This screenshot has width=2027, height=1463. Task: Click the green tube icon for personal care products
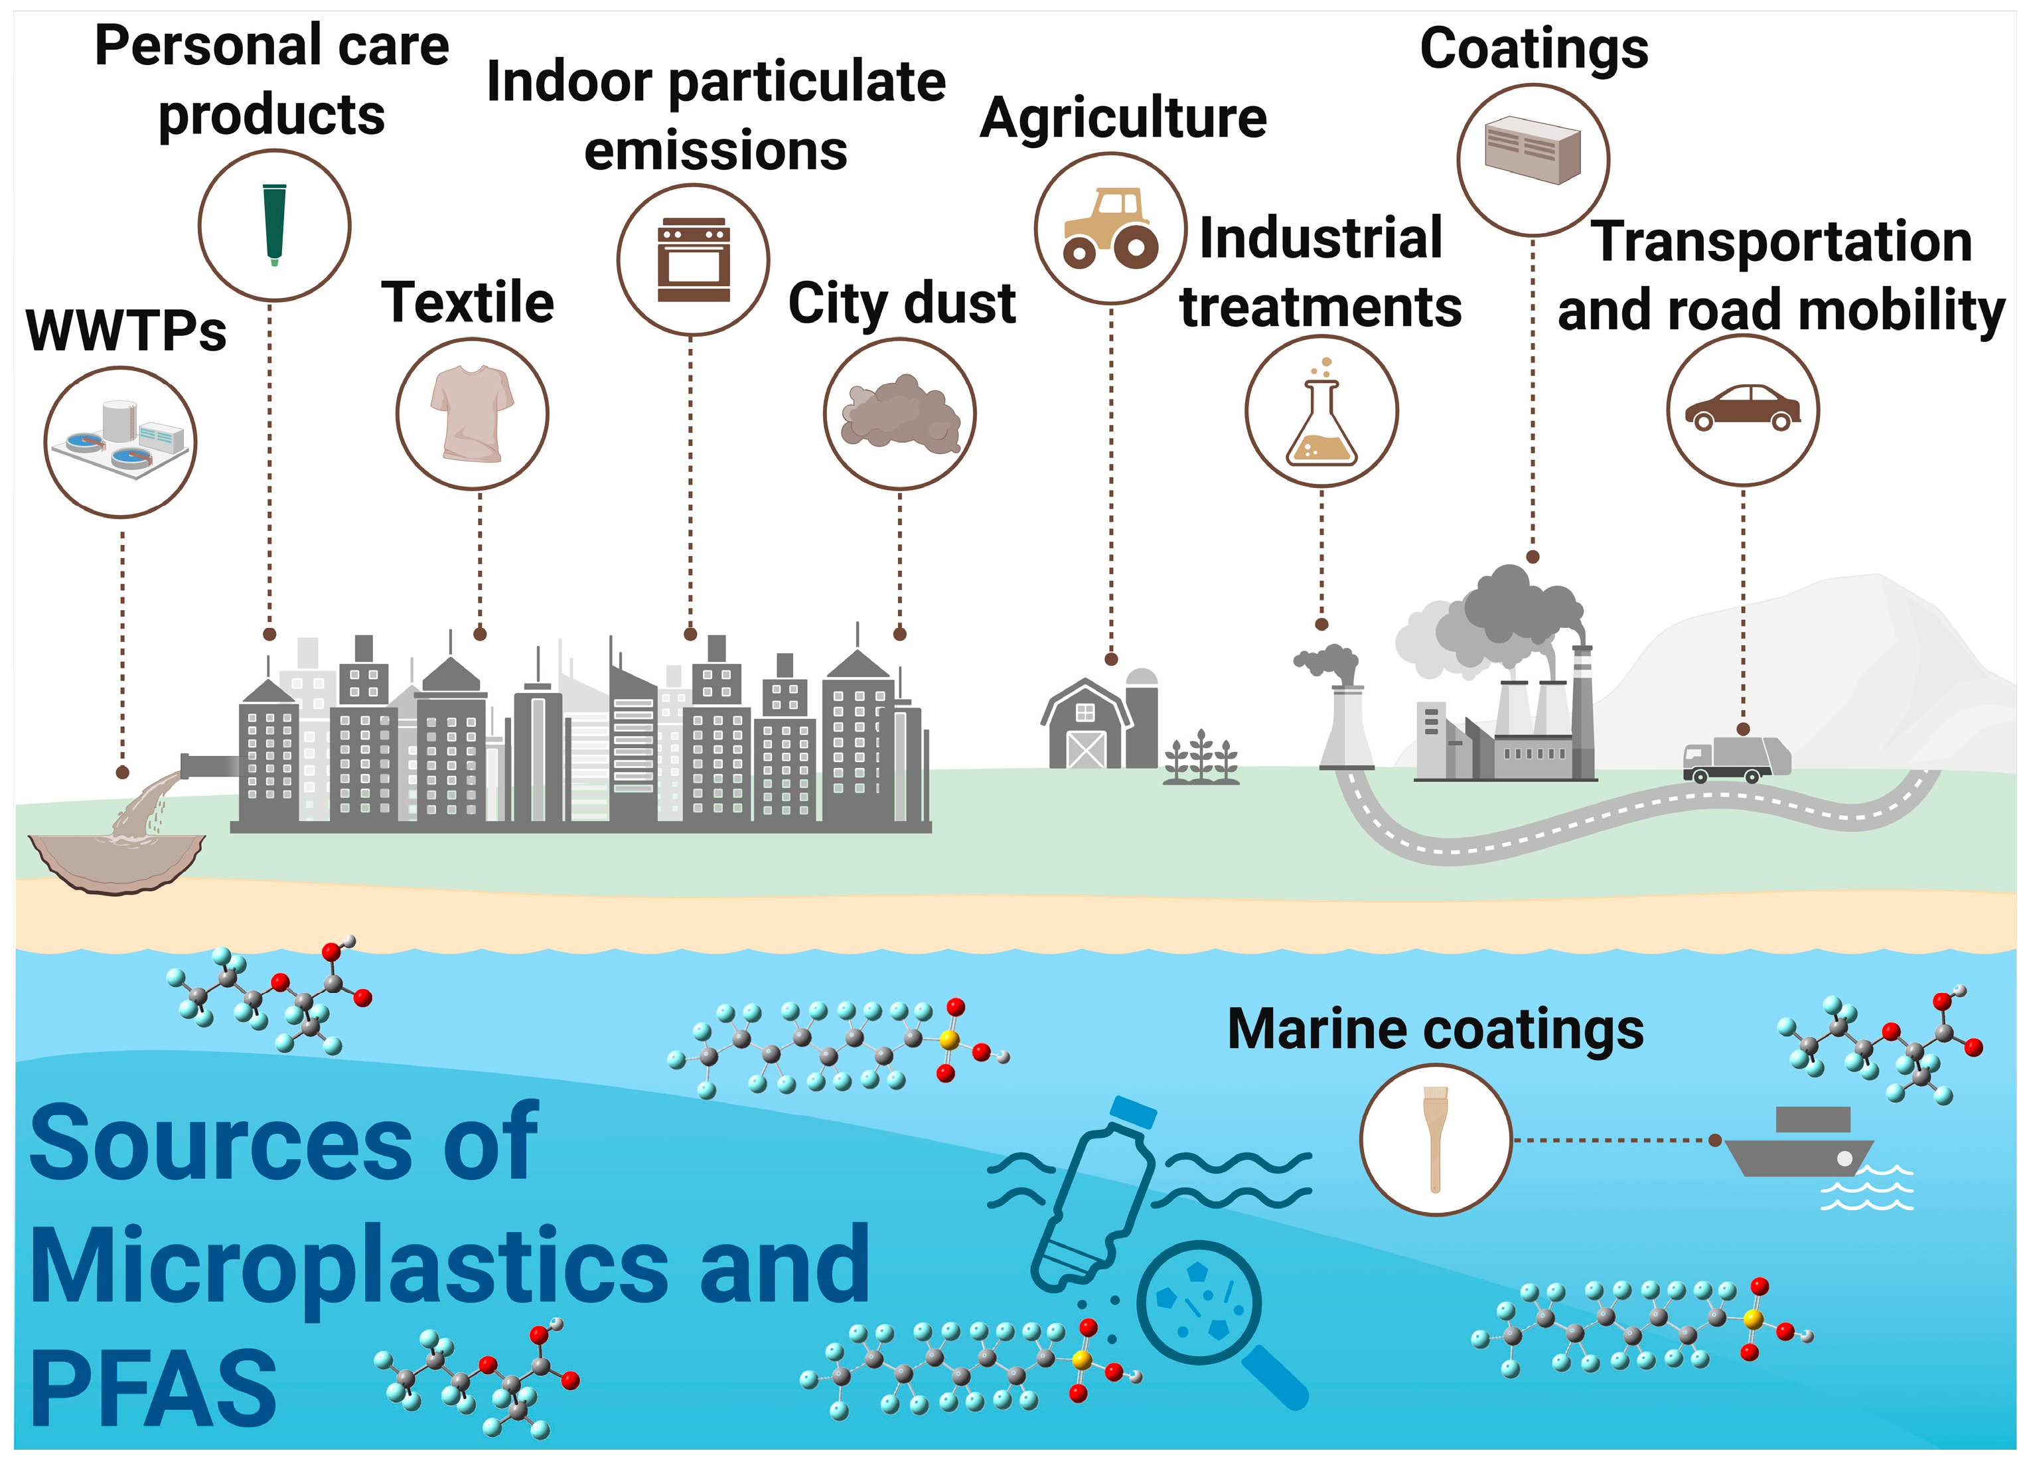pyautogui.click(x=274, y=224)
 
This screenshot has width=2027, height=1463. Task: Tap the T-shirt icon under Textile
pyautogui.click(x=472, y=413)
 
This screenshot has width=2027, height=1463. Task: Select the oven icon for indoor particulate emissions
pyautogui.click(x=694, y=260)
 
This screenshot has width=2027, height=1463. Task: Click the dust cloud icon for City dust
pyautogui.click(x=900, y=413)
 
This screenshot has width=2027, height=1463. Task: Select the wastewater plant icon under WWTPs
pyautogui.click(x=119, y=441)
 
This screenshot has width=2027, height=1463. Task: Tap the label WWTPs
pyautogui.click(x=126, y=331)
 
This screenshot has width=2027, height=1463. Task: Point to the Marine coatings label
pyautogui.click(x=1436, y=1029)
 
